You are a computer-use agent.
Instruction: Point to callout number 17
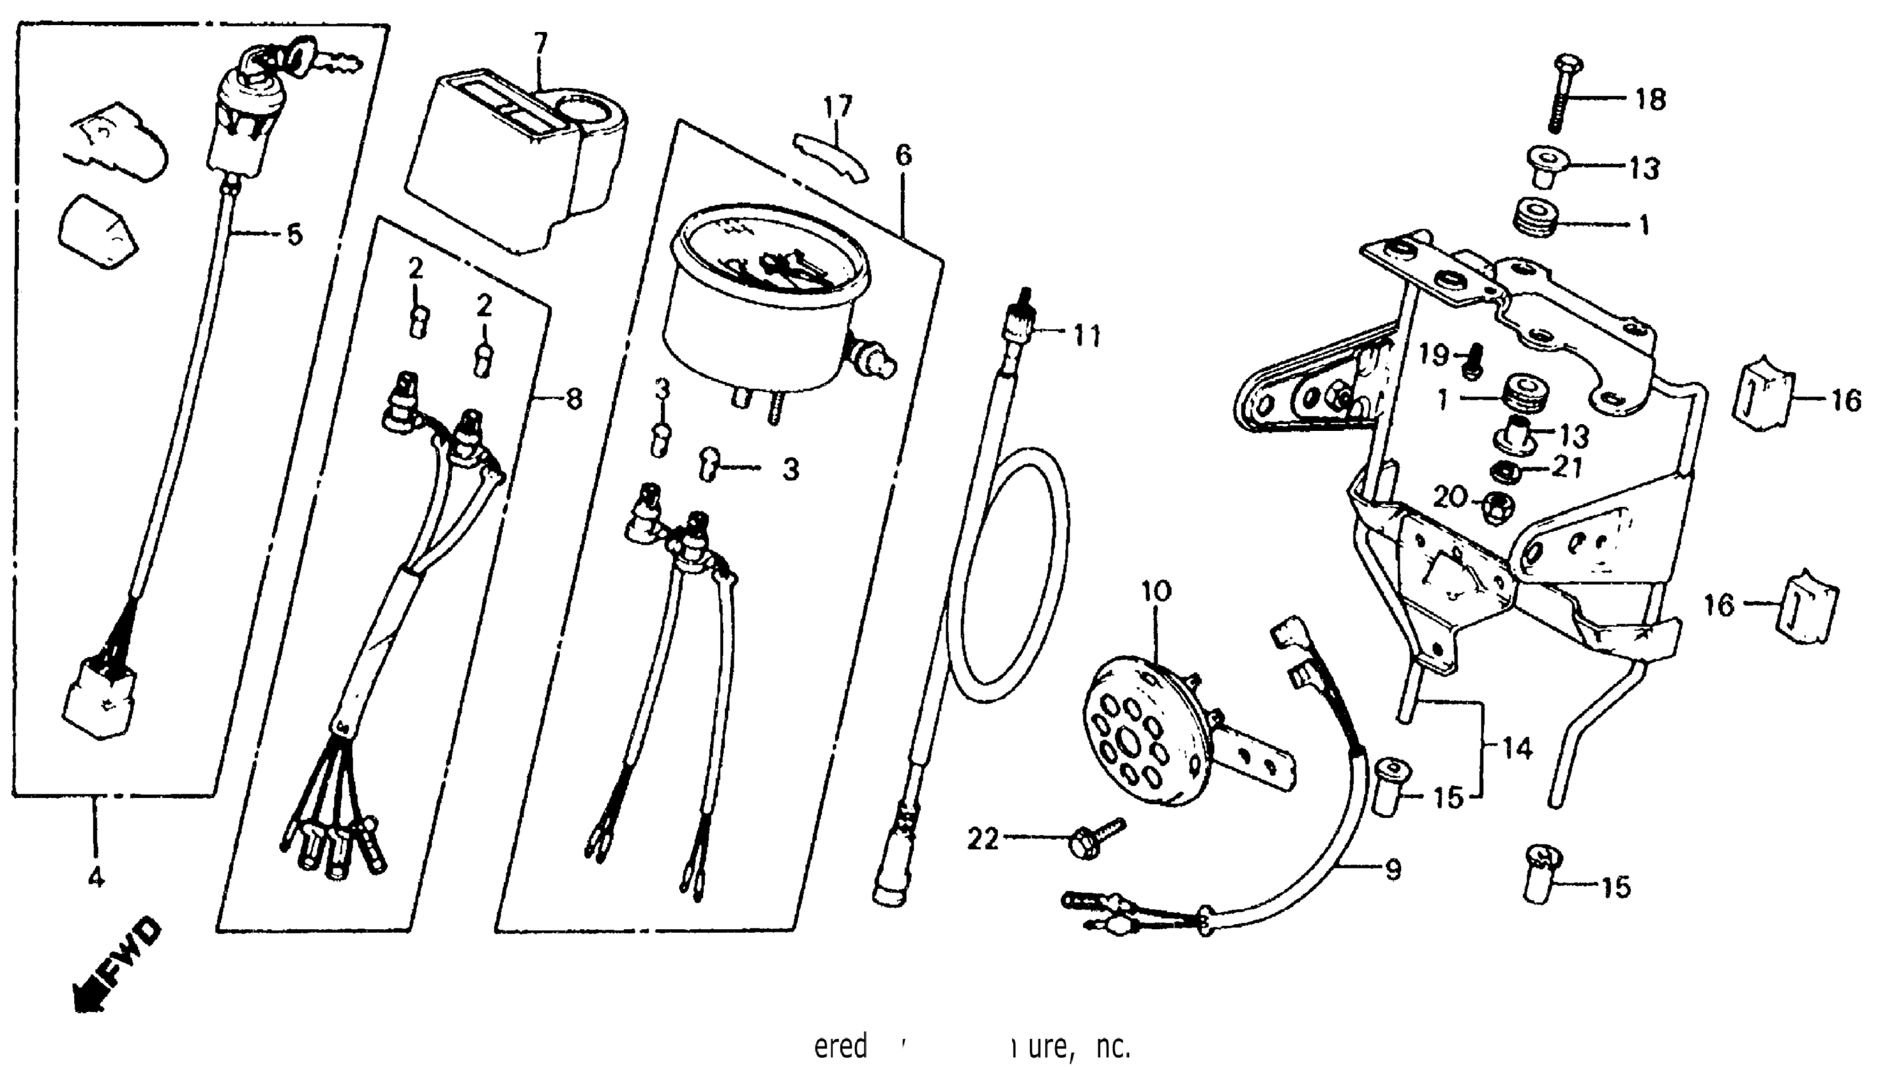tap(838, 106)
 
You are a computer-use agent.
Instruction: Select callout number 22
tap(982, 839)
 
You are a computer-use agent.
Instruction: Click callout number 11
tap(1087, 337)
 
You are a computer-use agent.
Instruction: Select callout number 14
tap(1516, 749)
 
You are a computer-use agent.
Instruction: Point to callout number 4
tap(96, 877)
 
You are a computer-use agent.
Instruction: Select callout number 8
tap(574, 399)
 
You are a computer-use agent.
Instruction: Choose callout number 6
tap(904, 156)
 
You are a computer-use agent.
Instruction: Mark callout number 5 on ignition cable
tap(293, 236)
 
